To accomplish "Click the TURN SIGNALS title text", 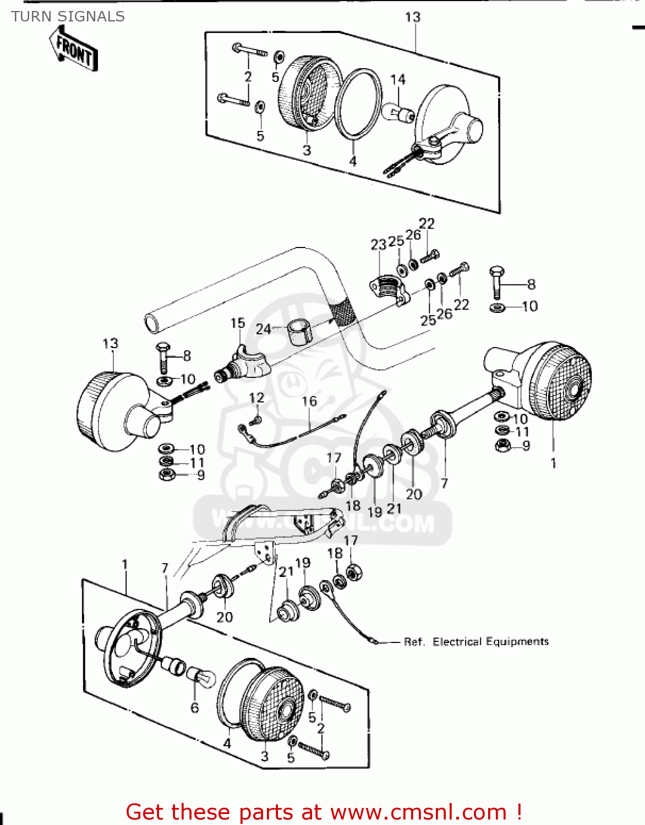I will pos(68,16).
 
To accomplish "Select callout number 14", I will pos(397,80).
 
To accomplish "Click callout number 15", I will pos(237,323).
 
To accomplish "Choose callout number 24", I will pos(263,329).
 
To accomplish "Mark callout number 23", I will pos(378,245).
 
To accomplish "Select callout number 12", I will pos(256,398).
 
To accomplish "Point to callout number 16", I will pos(309,401).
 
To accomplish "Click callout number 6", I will pos(194,708).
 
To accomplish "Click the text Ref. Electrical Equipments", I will pos(476,641).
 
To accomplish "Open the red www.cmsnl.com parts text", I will pos(324,812).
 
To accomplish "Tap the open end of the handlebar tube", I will pos(151,323).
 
